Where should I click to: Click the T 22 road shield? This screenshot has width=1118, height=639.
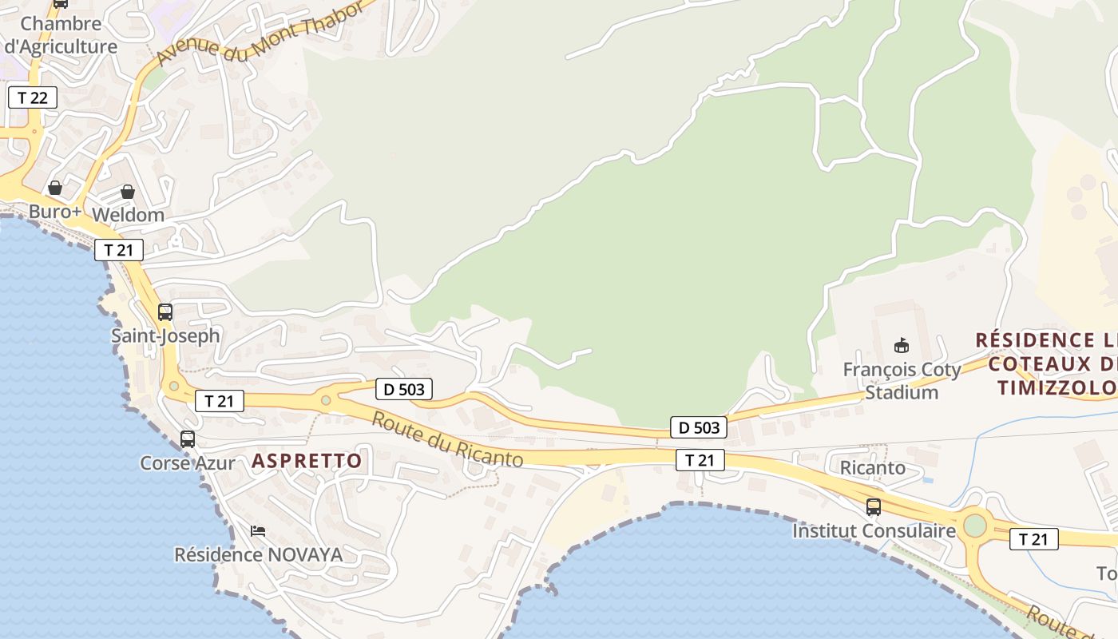33,98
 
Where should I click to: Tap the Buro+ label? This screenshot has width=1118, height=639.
55,212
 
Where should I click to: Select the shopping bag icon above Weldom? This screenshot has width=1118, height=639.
128,192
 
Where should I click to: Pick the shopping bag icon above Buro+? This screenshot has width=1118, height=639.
55,188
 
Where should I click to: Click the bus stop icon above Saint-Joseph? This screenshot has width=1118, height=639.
165,312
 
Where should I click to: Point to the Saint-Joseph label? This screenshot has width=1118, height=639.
165,335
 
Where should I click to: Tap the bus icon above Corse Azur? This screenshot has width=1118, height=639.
188,439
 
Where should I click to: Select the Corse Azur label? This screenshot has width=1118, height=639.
188,463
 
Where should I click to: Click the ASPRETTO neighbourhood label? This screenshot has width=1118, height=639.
307,461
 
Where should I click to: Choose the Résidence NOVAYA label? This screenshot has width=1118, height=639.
258,554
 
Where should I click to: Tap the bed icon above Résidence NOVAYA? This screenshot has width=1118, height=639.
258,530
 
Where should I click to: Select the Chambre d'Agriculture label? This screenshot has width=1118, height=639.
61,35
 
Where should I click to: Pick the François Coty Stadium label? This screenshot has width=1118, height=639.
902,381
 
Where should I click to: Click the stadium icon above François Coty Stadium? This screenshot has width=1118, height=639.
902,346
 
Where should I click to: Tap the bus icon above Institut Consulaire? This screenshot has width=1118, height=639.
874,507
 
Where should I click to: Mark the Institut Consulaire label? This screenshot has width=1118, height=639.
874,531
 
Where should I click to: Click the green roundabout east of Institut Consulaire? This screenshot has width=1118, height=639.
975,526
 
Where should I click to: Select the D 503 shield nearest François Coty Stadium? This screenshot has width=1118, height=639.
700,427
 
